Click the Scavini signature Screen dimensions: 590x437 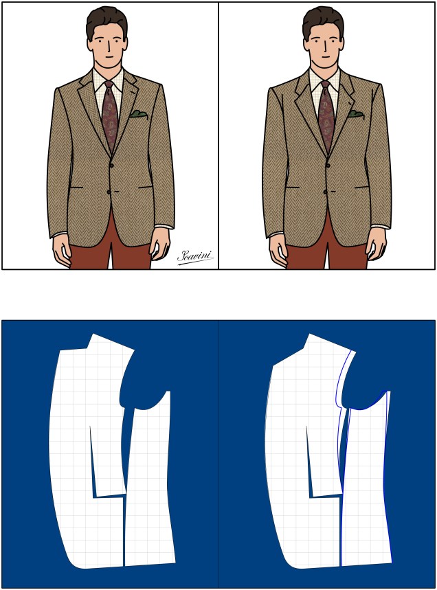(x=194, y=256)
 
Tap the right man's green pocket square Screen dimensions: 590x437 (x=355, y=113)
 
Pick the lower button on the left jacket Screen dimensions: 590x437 (x=109, y=191)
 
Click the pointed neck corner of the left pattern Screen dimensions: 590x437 (x=92, y=337)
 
